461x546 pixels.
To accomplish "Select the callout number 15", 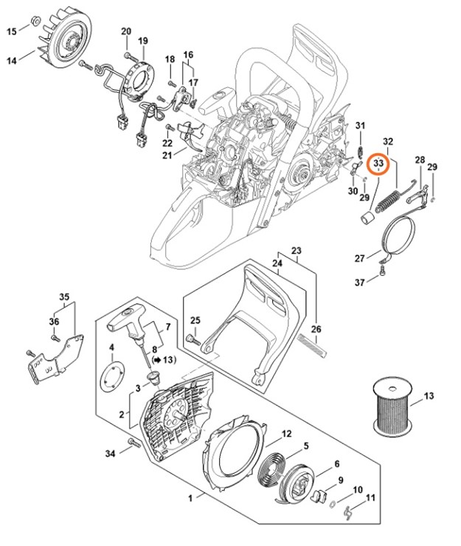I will pyautogui.click(x=12, y=31).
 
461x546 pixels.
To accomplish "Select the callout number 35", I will pyautogui.click(x=63, y=297).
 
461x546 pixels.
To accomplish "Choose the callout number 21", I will pyautogui.click(x=167, y=155).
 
